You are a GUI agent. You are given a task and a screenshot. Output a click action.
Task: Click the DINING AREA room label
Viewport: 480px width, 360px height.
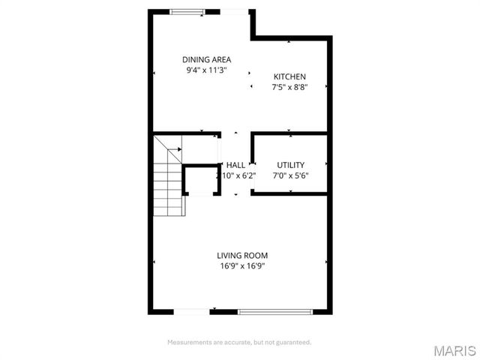pyautogui.click(x=206, y=59)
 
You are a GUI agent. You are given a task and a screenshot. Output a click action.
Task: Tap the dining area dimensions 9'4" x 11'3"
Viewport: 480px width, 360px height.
pyautogui.click(x=206, y=70)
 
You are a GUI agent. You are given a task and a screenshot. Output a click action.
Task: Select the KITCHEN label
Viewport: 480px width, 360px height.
pyautogui.click(x=289, y=76)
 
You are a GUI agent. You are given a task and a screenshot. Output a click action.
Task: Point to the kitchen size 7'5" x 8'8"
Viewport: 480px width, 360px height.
pyautogui.click(x=289, y=88)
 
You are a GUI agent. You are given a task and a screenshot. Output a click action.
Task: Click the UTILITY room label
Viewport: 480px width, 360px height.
pyautogui.click(x=290, y=165)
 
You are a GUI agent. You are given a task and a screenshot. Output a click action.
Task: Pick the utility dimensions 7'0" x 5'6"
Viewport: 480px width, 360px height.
pyautogui.click(x=290, y=175)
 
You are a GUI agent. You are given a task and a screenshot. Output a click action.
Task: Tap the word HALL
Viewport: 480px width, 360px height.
pyautogui.click(x=235, y=165)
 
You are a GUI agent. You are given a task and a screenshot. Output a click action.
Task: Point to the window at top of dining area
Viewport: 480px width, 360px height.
pyautogui.click(x=187, y=10)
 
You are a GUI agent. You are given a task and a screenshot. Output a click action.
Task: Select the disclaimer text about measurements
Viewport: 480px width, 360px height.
pyautogui.click(x=239, y=342)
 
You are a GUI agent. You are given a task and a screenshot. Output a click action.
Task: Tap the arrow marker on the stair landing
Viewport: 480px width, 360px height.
pyautogui.click(x=179, y=148)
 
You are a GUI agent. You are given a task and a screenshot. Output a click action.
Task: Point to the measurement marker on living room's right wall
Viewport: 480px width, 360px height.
pyautogui.click(x=326, y=262)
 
